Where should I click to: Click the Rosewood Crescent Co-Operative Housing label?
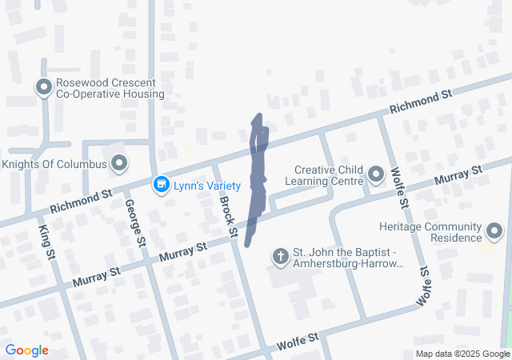[110, 88]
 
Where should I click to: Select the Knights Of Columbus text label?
[54, 164]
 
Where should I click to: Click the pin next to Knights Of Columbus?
[120, 164]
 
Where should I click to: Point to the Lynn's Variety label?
[207, 186]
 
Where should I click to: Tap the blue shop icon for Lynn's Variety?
[162, 186]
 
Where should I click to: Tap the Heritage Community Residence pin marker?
[495, 233]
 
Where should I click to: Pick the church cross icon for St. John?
[280, 256]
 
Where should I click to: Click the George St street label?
[134, 222]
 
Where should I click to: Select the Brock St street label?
[228, 215]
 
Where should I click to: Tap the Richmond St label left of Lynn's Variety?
[81, 201]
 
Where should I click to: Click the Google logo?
[26, 350]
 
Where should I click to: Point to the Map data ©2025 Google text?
[462, 354]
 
